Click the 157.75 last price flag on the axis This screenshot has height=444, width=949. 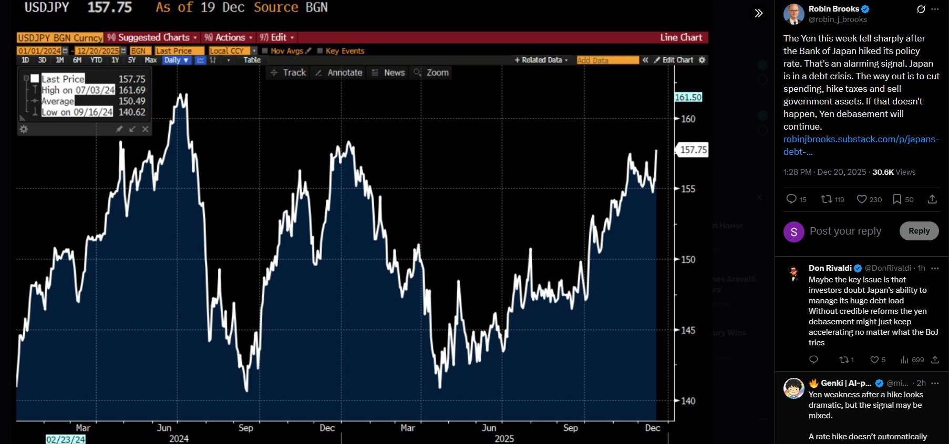point(693,150)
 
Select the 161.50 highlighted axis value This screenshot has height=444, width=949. point(688,98)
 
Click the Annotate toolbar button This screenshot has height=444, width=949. point(339,73)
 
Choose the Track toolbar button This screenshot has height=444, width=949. point(288,73)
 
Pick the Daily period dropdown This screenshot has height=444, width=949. point(176,60)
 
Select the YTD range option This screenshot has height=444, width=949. point(96,60)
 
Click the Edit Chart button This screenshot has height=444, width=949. point(674,60)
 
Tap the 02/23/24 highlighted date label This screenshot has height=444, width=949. point(66,439)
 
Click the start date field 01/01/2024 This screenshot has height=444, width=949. point(39,51)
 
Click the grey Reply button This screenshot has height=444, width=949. point(919,231)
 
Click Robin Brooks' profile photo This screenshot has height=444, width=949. point(793,14)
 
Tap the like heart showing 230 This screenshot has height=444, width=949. point(869,199)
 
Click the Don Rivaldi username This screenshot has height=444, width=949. point(830,268)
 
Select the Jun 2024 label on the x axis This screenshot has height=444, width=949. point(164,428)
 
